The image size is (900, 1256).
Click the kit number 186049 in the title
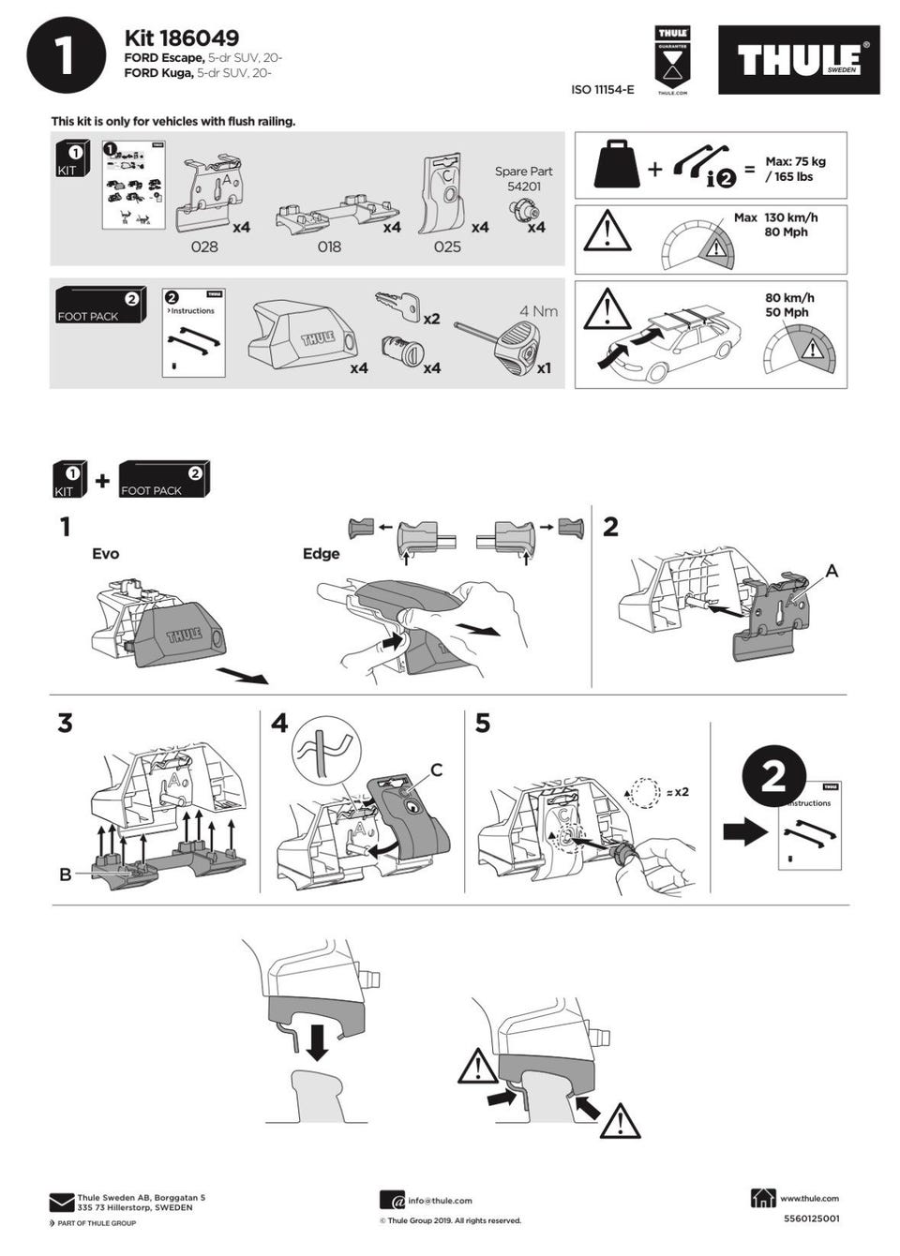[199, 38]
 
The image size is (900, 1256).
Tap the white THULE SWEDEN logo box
[798, 60]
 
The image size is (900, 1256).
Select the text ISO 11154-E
[602, 90]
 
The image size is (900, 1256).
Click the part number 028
[203, 247]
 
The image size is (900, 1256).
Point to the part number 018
[329, 247]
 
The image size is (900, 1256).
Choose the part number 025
[447, 247]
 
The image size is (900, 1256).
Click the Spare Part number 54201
[523, 187]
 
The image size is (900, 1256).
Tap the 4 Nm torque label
[538, 311]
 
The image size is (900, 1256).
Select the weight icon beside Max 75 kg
[617, 165]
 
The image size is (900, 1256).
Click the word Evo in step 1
[105, 554]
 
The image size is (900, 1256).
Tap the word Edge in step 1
[321, 554]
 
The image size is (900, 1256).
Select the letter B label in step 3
[65, 875]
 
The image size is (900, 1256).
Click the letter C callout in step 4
[436, 770]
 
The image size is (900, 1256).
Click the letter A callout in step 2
[831, 571]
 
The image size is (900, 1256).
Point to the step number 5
[483, 724]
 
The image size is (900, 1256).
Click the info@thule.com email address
[440, 1200]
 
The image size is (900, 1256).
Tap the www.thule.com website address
[809, 1198]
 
